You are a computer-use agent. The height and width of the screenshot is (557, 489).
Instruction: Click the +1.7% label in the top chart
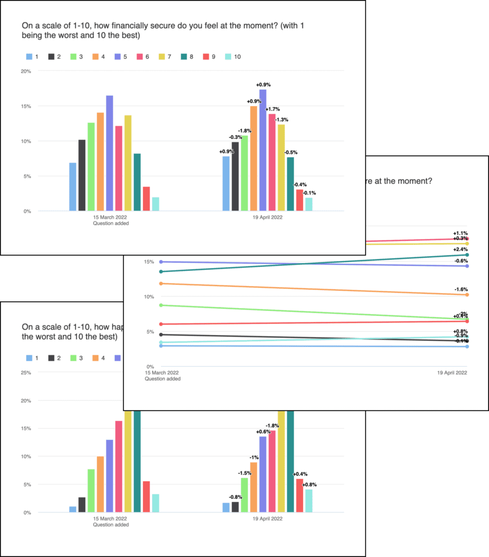[273, 109]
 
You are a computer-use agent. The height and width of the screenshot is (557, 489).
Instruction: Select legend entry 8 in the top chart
[204, 56]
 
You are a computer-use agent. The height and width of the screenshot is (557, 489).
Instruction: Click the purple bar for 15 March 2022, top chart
[109, 153]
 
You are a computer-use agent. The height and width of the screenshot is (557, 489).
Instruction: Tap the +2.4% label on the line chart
[460, 249]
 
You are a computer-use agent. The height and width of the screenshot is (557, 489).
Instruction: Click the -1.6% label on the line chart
[460, 289]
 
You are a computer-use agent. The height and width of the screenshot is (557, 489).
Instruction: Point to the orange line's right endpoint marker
[467, 294]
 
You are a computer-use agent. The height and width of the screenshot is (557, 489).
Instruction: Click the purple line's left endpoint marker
[146, 262]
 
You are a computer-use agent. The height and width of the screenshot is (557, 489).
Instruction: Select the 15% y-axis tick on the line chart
[133, 262]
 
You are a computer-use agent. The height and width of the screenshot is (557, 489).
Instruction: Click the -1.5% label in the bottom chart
[244, 473]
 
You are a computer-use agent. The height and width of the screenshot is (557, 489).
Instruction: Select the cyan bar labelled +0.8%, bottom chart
[308, 501]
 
